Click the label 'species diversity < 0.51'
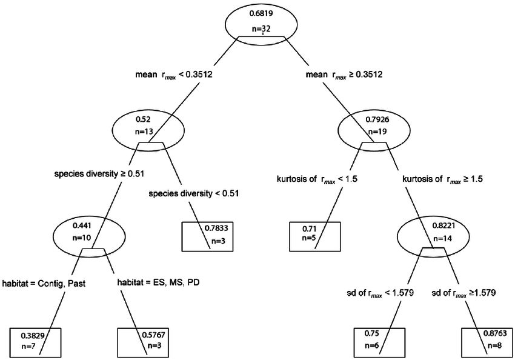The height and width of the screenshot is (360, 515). (x=194, y=194)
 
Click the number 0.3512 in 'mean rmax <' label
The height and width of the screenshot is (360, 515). (x=198, y=75)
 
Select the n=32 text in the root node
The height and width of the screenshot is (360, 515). (x=262, y=28)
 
